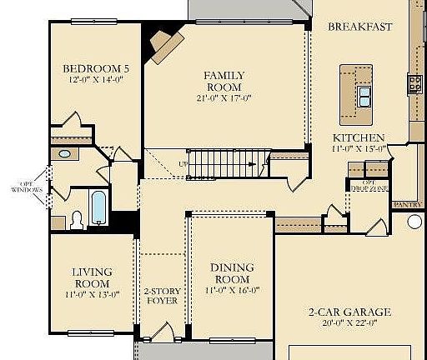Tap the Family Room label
click(x=224, y=81)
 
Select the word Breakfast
click(x=359, y=27)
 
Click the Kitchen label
click(x=359, y=137)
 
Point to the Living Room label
click(x=92, y=277)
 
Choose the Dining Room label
click(x=233, y=273)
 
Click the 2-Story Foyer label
click(x=161, y=297)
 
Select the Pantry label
click(x=408, y=202)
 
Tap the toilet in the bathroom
click(x=77, y=219)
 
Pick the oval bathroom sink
click(x=64, y=154)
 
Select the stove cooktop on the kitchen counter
click(x=414, y=82)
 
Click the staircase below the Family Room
click(x=221, y=163)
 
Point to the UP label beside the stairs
click(x=182, y=164)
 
